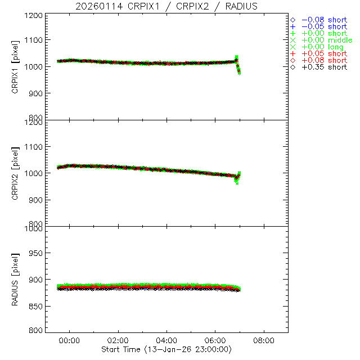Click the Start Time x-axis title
(167, 349)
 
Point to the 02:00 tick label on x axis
(118, 341)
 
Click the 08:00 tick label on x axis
(264, 341)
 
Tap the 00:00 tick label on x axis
(70, 341)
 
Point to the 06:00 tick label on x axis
(215, 341)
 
